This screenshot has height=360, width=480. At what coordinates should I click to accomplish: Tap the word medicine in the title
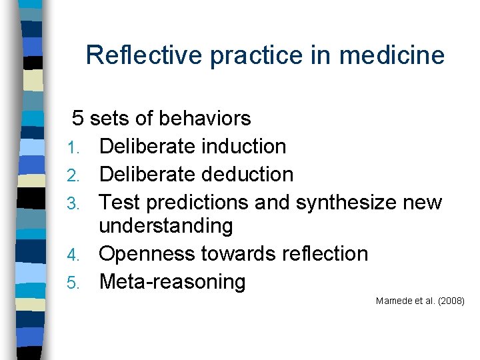coord(391,55)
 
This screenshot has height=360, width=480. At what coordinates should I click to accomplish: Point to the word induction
coord(238,147)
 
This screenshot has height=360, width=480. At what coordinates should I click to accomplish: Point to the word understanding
coord(165,227)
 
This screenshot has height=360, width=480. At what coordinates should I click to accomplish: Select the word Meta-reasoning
coord(172,282)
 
